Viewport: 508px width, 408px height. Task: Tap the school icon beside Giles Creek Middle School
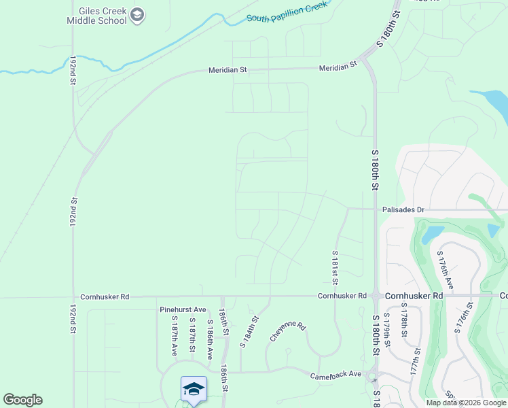138,16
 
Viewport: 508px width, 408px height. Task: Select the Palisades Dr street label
403,210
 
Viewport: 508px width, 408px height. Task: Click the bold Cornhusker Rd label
414,296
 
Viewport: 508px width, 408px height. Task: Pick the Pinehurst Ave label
183,309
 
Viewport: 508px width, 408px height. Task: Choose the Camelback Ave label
336,375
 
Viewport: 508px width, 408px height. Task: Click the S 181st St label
335,267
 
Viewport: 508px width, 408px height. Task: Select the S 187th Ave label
174,336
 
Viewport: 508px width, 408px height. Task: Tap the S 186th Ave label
210,339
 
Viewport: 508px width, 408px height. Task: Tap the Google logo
22,400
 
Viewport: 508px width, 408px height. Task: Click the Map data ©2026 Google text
466,403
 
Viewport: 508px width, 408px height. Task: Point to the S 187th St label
192,335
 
